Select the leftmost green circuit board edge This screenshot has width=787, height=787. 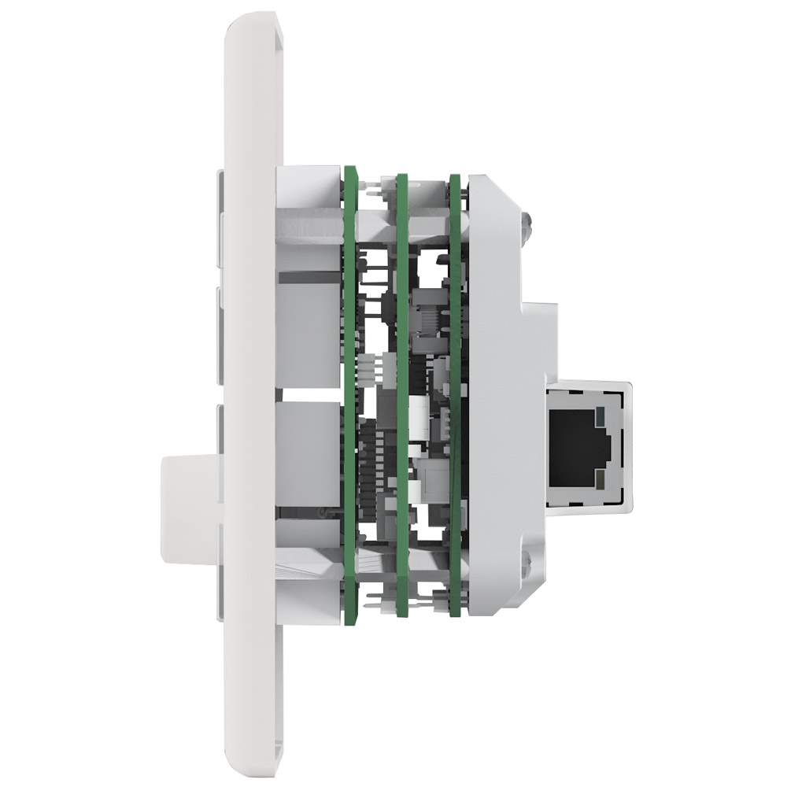[x=349, y=393]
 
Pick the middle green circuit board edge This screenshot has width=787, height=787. [x=402, y=393]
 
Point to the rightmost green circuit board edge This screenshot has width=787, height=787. [x=455, y=393]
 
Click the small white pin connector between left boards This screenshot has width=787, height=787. [x=369, y=366]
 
